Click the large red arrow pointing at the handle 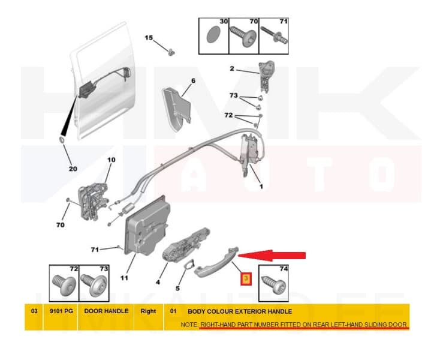coord(272,255)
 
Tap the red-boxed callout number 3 coord(246,278)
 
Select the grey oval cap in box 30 coord(213,35)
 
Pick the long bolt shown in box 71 coord(274,36)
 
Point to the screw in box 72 coord(64,284)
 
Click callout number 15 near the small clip coord(149,38)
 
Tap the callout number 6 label coord(193,80)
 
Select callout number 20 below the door coord(73,169)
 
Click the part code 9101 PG coord(61,311)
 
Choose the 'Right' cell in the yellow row coord(148,311)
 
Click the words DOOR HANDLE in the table coord(106,311)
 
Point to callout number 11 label coord(124,278)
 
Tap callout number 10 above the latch coord(111,160)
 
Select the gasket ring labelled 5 coord(189,266)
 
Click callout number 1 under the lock coord(261,186)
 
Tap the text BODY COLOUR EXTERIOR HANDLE coord(240,311)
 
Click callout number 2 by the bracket coord(232,68)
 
